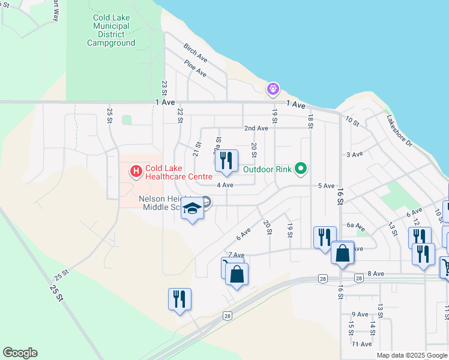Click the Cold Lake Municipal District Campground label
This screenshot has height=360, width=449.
111,30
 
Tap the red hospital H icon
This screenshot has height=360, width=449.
136,172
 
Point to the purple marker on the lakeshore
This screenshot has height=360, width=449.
273,89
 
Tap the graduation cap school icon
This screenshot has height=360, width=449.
192,209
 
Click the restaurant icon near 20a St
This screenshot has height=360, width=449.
226,160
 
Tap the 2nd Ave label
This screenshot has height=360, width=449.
256,128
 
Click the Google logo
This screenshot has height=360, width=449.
20,353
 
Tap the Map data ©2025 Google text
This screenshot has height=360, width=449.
412,355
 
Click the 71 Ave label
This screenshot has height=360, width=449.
362,344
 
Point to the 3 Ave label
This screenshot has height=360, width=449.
355,154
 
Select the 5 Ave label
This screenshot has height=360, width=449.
326,186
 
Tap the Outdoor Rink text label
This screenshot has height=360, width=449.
267,169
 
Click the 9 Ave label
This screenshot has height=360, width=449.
360,314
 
